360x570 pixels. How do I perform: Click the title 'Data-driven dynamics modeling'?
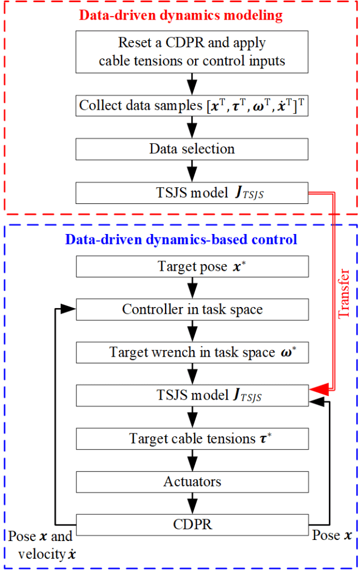181,15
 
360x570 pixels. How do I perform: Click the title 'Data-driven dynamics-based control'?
181,240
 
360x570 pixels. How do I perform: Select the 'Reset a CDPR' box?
192,51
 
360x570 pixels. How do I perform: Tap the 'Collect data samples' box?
192,105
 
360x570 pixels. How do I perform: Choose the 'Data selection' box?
192,149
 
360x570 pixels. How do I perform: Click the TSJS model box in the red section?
192,193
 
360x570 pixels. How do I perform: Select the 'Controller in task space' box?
192,309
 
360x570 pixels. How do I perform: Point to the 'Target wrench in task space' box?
192,353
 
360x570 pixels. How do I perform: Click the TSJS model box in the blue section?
192,396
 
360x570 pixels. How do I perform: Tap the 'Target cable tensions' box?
192,439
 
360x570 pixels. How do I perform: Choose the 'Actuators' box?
192,481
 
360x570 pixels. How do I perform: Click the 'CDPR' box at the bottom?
192,524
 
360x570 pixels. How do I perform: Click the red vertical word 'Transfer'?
344,293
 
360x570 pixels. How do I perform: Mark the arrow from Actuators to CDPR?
192,503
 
